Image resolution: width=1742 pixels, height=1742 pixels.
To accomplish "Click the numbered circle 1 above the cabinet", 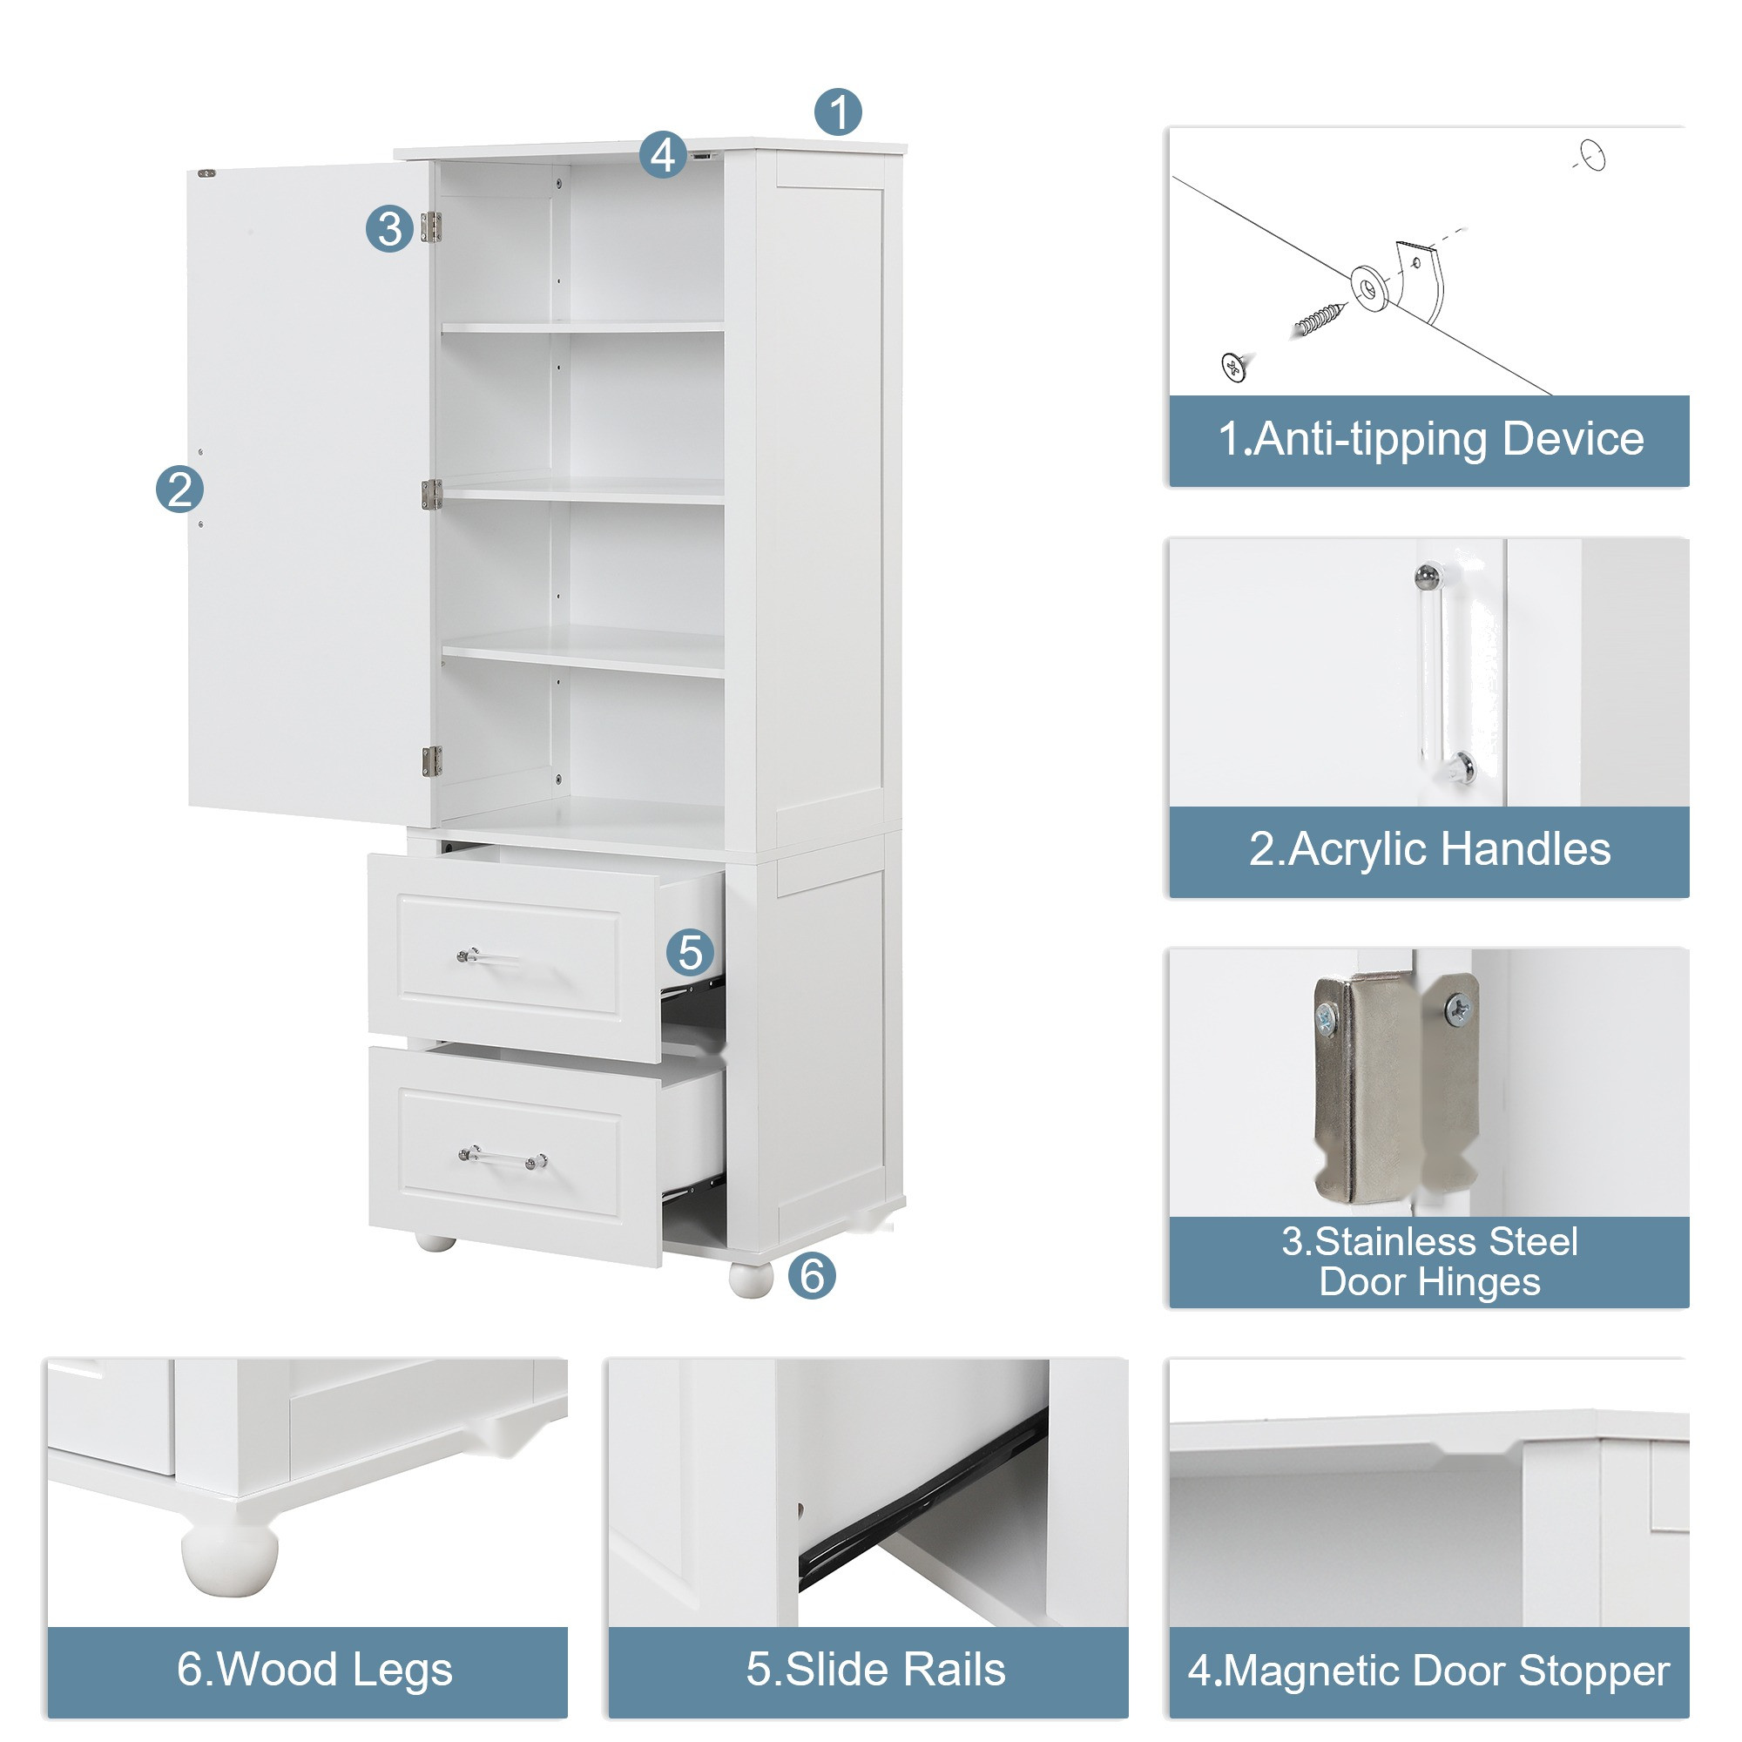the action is coord(838,111).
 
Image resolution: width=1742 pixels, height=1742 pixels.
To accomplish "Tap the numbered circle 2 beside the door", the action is coord(179,489).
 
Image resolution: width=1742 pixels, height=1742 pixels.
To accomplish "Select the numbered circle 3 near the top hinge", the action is coord(389,228).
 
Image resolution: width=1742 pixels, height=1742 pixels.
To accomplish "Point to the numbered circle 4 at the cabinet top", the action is coord(663,154).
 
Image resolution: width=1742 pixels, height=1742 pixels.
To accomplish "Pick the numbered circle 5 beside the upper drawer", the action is coord(690,953).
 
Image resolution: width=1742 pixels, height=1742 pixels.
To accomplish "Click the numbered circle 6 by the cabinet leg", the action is coord(812,1276).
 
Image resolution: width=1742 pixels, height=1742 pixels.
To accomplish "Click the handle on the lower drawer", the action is coord(503,1158).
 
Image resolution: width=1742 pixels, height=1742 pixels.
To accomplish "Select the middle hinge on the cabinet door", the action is coord(431,494).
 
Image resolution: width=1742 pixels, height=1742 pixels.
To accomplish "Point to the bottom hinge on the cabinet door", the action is coord(432,761).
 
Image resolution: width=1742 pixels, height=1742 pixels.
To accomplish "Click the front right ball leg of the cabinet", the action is coord(751,1279).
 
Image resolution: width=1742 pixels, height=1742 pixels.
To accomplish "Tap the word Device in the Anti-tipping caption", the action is coord(1572,439).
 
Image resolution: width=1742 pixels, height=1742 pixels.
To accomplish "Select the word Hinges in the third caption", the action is coord(1480,1282).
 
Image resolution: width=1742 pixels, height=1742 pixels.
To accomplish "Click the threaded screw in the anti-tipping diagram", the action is coord(1318,318).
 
